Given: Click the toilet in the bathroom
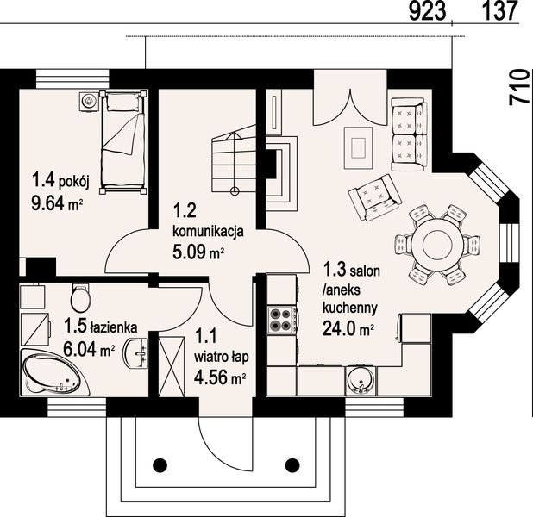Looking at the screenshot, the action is pyautogui.click(x=80, y=297).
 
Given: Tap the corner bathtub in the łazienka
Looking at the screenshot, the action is pyautogui.click(x=54, y=372).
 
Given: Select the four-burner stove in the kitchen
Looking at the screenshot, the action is pyautogui.click(x=282, y=320).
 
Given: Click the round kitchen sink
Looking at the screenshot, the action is pyautogui.click(x=361, y=381).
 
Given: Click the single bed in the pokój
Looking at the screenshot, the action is pyautogui.click(x=123, y=142).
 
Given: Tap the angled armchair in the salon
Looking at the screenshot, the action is pyautogui.click(x=375, y=197).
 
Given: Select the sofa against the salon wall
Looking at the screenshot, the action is pyautogui.click(x=409, y=134).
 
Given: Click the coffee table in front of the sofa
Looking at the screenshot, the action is pyautogui.click(x=358, y=147).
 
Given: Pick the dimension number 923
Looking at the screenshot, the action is pyautogui.click(x=427, y=11).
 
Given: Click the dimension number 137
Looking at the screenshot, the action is pyautogui.click(x=499, y=11).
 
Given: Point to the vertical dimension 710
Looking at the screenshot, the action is pyautogui.click(x=520, y=87).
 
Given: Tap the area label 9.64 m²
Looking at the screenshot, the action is pyautogui.click(x=58, y=204).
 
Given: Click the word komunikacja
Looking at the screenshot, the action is pyautogui.click(x=208, y=231).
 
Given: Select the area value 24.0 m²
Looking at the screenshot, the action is pyautogui.click(x=348, y=328).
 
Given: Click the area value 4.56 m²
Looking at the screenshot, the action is pyautogui.click(x=220, y=377).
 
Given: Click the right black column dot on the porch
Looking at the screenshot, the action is pyautogui.click(x=292, y=465).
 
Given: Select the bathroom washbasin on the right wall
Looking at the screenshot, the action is pyautogui.click(x=137, y=353).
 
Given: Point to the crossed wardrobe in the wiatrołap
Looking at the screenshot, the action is pyautogui.click(x=172, y=366).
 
